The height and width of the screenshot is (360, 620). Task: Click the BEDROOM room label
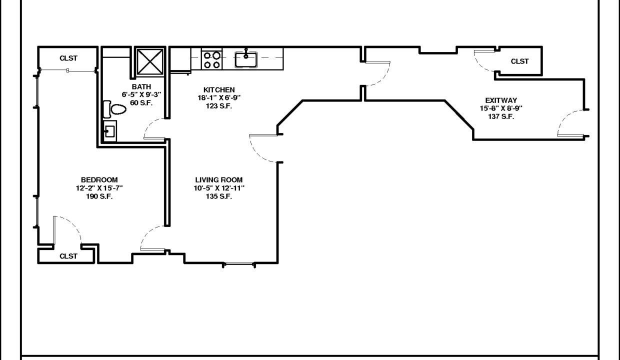point(99,180)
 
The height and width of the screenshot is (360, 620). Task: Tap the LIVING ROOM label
point(219,180)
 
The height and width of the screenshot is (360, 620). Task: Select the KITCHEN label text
point(219,89)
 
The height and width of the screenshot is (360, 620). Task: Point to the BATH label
point(141,86)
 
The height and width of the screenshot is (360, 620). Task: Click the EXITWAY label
point(501,100)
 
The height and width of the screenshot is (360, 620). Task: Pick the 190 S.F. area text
point(99,196)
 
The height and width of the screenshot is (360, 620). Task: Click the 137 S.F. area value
point(501,116)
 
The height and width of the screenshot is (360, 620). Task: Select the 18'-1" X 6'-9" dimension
point(219,97)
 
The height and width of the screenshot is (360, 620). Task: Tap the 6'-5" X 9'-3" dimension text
point(141,94)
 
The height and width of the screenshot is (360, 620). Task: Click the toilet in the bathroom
point(114,109)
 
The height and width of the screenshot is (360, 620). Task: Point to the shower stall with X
point(150,61)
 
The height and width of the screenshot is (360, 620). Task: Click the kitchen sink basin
point(246,59)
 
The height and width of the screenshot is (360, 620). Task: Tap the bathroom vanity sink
point(110,131)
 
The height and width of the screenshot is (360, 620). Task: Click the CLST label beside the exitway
point(519,61)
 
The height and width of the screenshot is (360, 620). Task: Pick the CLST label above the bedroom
point(68,58)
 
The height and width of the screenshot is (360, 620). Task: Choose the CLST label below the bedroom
point(68,256)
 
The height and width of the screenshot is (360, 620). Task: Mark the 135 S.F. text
point(219,196)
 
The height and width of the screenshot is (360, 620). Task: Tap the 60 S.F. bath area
point(141,103)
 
